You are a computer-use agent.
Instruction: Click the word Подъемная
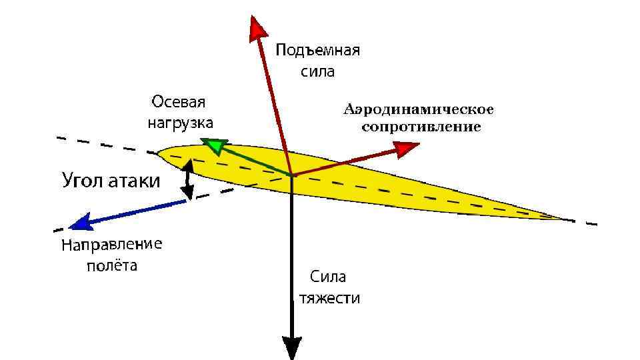tap(318, 51)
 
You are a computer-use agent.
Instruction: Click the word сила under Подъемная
tap(317, 71)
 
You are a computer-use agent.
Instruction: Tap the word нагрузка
tap(179, 123)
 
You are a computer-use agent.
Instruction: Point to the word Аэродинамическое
tap(419, 109)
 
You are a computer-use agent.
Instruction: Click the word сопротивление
tap(421, 127)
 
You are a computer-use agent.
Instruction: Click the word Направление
tap(111, 245)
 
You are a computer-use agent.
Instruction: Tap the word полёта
tap(113, 266)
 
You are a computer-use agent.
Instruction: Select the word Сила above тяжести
tap(327, 277)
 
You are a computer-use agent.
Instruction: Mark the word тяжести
tap(329, 297)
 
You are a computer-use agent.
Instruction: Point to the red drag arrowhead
tap(405, 149)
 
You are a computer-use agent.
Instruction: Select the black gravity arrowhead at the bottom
tap(292, 347)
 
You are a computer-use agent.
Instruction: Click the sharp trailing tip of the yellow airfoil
tap(568, 218)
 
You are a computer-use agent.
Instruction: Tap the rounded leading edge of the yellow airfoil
tap(160, 155)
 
